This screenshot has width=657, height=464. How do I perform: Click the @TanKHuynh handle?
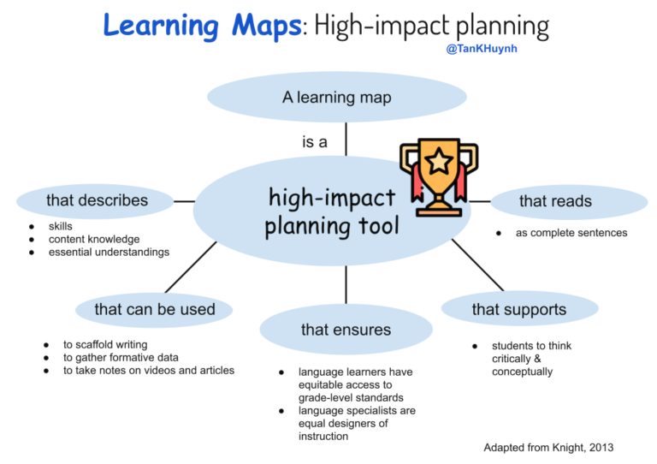482,49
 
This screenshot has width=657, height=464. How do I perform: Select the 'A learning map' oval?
337,98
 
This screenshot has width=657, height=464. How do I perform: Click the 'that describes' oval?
98,201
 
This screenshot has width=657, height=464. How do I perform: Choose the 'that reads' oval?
555,202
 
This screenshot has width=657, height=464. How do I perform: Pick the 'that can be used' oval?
155,309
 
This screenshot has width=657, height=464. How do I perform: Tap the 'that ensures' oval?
346,330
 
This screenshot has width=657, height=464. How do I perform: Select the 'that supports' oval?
518,309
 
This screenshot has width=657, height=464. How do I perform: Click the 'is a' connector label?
314,142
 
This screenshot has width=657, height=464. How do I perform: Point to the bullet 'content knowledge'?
94,239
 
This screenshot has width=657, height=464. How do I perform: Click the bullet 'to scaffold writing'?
105,345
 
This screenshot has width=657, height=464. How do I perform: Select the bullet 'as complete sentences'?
571,233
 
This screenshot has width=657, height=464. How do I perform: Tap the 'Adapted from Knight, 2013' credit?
548,448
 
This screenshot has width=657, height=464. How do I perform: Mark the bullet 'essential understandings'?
109,252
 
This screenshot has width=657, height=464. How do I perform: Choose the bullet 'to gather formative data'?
121,358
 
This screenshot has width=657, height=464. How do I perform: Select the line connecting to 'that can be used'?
190,268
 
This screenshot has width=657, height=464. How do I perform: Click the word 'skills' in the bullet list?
61,226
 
